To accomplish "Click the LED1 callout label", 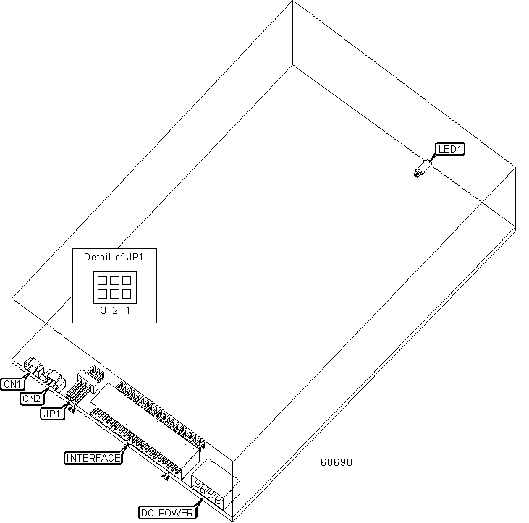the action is point(450,149).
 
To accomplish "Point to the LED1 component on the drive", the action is point(423,169).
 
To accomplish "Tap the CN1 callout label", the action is point(12,384).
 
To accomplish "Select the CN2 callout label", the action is point(32,399).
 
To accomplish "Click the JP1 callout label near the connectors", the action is point(52,414).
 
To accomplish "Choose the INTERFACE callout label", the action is point(93,458).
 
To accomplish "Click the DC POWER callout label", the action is point(167,513).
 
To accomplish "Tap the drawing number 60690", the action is point(337,462).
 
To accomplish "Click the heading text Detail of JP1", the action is point(114,258).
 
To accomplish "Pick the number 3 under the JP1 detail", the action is point(103,310).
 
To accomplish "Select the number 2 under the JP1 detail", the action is point(115,310).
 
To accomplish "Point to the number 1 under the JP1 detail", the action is point(128,310).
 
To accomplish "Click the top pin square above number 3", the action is point(102,281).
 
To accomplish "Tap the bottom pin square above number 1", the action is point(127,294).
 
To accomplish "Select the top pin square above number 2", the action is point(114,281).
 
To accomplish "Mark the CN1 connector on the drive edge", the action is point(33,366).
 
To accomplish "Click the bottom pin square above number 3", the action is point(102,294).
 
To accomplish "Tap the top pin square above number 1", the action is point(127,281).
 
